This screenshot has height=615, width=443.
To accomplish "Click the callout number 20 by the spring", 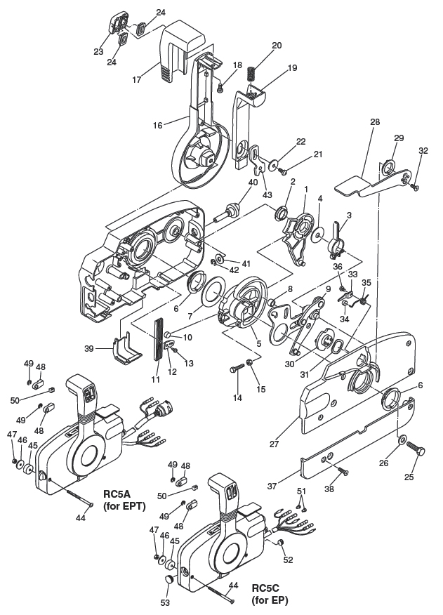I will tap(276, 45).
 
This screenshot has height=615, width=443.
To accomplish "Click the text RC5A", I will tap(117, 492).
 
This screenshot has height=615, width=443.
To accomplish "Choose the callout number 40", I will tap(253, 182).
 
